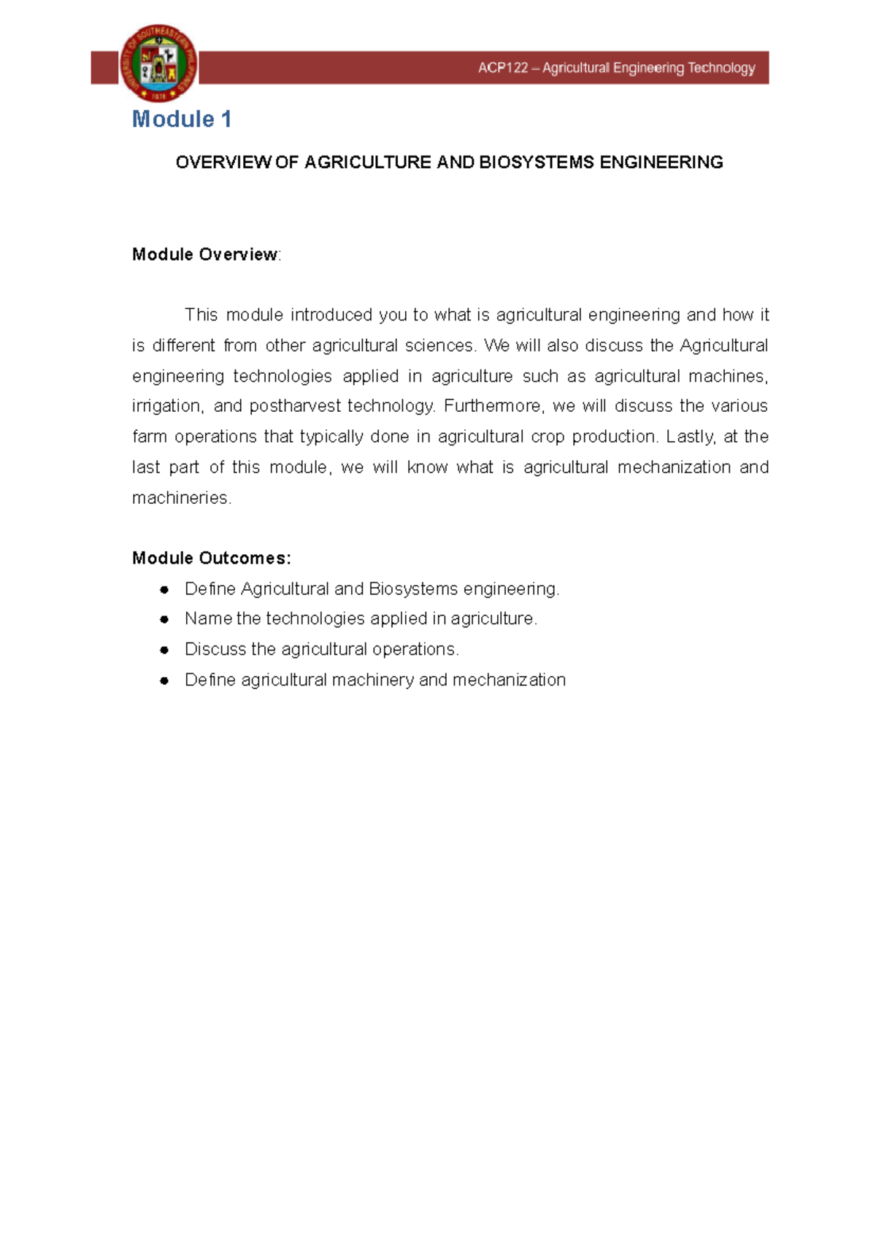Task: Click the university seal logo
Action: pos(158,64)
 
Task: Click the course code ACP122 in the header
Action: pos(502,69)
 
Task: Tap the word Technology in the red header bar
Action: pos(721,69)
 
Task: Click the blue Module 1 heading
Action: pos(182,119)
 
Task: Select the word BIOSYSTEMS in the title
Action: pos(536,162)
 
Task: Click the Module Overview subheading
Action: pos(205,255)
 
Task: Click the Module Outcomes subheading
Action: pos(211,559)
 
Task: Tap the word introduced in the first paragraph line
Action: pos(331,315)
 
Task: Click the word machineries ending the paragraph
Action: pos(181,498)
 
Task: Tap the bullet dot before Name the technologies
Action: pos(164,619)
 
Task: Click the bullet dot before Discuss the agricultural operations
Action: pos(164,650)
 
